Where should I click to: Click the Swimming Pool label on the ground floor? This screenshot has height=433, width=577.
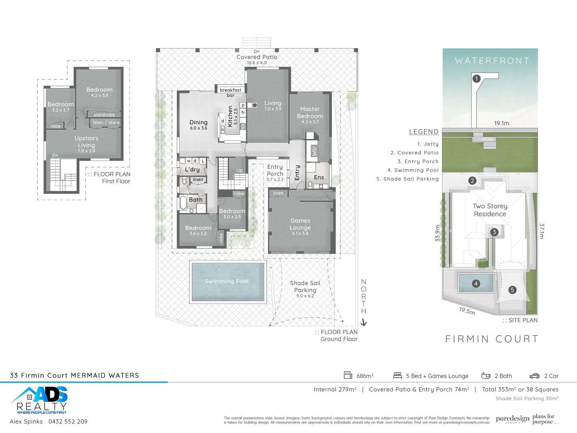click(x=226, y=281)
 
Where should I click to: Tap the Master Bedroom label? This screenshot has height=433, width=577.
click(x=310, y=113)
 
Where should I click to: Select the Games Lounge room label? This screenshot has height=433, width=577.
click(x=300, y=224)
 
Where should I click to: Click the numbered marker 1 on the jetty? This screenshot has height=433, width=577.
click(x=476, y=79)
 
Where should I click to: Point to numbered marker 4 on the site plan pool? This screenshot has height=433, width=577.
click(x=476, y=283)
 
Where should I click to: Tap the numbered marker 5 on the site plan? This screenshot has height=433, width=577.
click(x=512, y=290)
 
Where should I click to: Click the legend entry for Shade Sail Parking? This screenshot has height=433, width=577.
click(x=411, y=179)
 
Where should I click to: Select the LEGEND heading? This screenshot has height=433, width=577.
click(x=424, y=132)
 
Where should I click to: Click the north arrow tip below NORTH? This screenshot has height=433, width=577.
click(x=363, y=323)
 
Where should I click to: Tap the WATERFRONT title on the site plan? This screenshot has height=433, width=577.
click(x=492, y=61)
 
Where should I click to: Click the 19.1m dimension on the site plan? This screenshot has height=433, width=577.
click(x=501, y=123)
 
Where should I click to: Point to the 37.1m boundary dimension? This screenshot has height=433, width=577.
click(x=541, y=231)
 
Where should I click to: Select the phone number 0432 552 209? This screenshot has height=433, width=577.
click(x=68, y=421)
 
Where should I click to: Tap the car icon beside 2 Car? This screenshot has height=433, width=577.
click(x=535, y=376)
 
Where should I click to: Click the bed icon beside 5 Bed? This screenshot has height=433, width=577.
click(x=397, y=376)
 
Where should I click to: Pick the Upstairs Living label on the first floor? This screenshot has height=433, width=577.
click(x=87, y=142)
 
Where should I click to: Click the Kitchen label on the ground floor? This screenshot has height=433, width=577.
click(x=230, y=116)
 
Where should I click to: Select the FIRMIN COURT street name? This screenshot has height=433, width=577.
click(x=492, y=339)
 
